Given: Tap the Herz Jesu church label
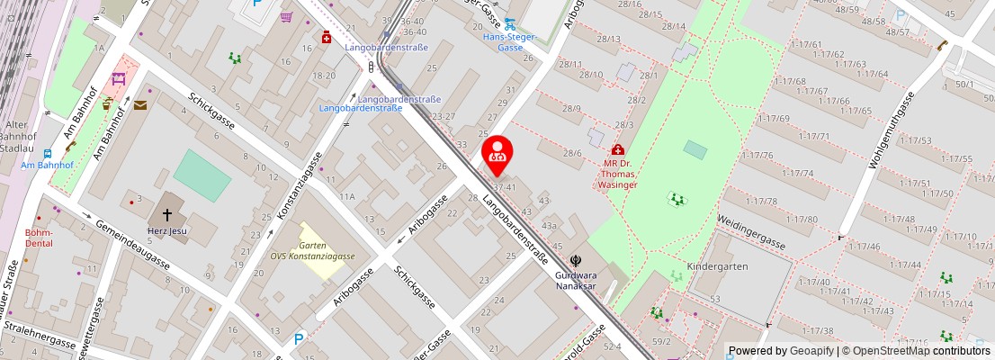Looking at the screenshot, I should pyautogui.click(x=166, y=230).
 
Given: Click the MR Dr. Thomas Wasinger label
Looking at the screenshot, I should pyautogui.click(x=618, y=174).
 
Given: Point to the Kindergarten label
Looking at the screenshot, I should pyautogui.click(x=717, y=267).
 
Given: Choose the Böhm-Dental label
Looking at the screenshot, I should pyautogui.click(x=39, y=238).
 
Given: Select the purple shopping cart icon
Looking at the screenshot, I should pyautogui.click(x=286, y=16).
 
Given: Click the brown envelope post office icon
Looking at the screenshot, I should pyautogui.click(x=140, y=105).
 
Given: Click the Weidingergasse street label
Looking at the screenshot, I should pyautogui.click(x=751, y=231).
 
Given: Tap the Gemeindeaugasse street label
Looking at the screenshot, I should pyautogui.click(x=132, y=245).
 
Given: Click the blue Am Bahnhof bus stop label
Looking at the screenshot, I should pyautogui.click(x=47, y=166).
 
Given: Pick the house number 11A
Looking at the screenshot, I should pyautogui.click(x=347, y=195).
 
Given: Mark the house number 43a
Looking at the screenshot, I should pyautogui.click(x=549, y=226).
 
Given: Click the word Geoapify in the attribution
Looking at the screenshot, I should pyautogui.click(x=811, y=351).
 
